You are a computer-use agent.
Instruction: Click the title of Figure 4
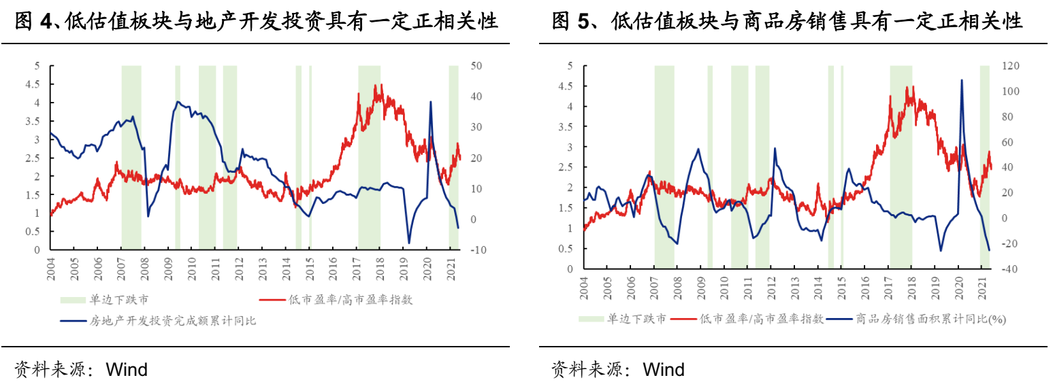point(256,22)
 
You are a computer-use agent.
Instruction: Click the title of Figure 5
point(788,22)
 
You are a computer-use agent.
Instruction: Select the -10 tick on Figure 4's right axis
point(477,250)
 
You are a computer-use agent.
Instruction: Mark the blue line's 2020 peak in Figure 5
point(962,80)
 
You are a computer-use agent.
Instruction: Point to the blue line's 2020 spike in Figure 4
point(430,102)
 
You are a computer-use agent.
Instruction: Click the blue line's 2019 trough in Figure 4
point(409,243)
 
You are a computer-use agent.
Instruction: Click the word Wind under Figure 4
point(127,370)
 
